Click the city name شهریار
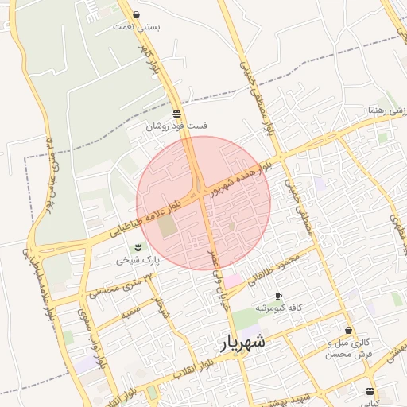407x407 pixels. pos(242,343)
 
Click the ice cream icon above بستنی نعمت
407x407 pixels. pos(137,14)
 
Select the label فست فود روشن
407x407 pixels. pos(176,126)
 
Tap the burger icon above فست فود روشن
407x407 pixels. pos(176,114)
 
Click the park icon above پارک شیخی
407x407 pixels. pos(138,247)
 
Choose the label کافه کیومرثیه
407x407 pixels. pos(277,308)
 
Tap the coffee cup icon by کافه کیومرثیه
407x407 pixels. pos(278,297)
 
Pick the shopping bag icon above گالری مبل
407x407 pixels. pos(348,330)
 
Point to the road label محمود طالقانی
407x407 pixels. pos(275,268)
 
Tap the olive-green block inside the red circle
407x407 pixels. pos(168,225)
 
